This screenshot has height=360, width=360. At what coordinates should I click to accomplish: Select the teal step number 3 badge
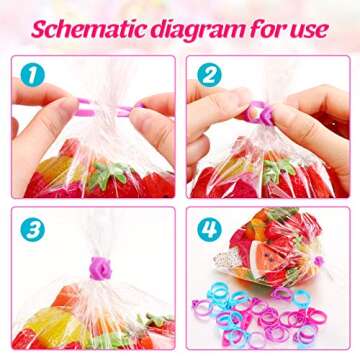(x=34, y=229)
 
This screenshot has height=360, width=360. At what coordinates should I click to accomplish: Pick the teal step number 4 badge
(x=209, y=229)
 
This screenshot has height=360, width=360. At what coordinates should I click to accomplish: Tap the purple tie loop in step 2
(x=257, y=112)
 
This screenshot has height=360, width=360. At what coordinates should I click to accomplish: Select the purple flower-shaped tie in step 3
(x=100, y=267)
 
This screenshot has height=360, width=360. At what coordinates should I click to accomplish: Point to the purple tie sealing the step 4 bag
(x=319, y=261)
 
